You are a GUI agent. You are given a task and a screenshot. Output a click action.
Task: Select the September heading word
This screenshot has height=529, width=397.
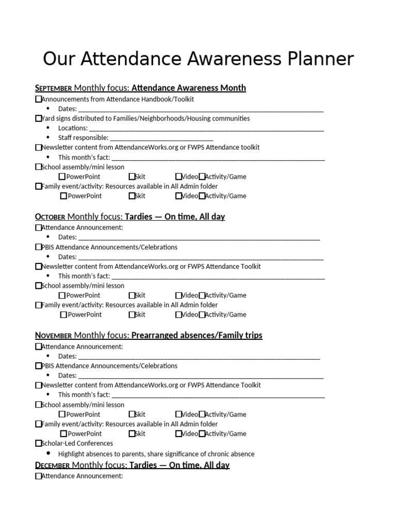53,88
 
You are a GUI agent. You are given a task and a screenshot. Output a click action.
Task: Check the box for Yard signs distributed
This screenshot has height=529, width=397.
38,118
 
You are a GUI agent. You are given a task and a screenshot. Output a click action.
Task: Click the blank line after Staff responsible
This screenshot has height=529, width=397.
161,138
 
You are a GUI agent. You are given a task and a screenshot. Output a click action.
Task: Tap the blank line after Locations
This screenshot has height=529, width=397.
206,129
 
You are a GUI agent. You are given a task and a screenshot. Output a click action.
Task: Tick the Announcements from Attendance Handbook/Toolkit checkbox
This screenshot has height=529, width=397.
38,99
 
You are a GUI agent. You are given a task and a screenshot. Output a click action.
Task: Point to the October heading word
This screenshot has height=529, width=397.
50,217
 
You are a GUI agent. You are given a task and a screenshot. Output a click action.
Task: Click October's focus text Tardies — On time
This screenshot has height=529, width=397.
175,217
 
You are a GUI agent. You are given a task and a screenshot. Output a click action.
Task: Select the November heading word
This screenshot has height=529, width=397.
53,336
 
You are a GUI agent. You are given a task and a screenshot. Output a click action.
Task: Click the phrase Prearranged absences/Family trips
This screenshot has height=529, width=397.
197,336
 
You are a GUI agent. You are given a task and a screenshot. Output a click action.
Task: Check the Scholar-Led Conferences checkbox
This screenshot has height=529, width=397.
38,443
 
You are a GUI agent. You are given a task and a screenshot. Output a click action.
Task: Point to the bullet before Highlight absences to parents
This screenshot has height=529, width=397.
48,454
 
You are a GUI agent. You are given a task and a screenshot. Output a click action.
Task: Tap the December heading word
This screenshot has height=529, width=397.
52,465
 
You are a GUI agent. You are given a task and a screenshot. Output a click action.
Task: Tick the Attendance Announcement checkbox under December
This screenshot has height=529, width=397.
38,476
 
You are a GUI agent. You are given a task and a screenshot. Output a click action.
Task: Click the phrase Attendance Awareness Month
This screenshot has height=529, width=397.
189,88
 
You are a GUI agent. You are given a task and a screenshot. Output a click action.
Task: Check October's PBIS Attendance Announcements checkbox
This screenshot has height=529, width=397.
38,247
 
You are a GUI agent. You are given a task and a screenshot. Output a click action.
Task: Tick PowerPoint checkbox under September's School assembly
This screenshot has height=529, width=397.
62,177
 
